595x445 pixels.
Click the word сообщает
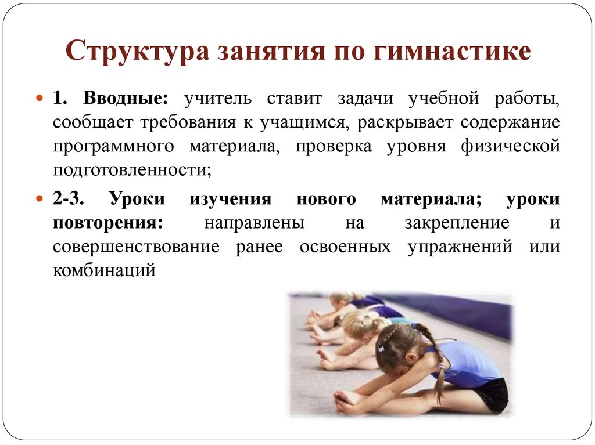click(x=87, y=122)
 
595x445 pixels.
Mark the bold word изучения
click(x=230, y=198)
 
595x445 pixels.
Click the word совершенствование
click(x=136, y=247)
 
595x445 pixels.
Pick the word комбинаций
click(x=105, y=270)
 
